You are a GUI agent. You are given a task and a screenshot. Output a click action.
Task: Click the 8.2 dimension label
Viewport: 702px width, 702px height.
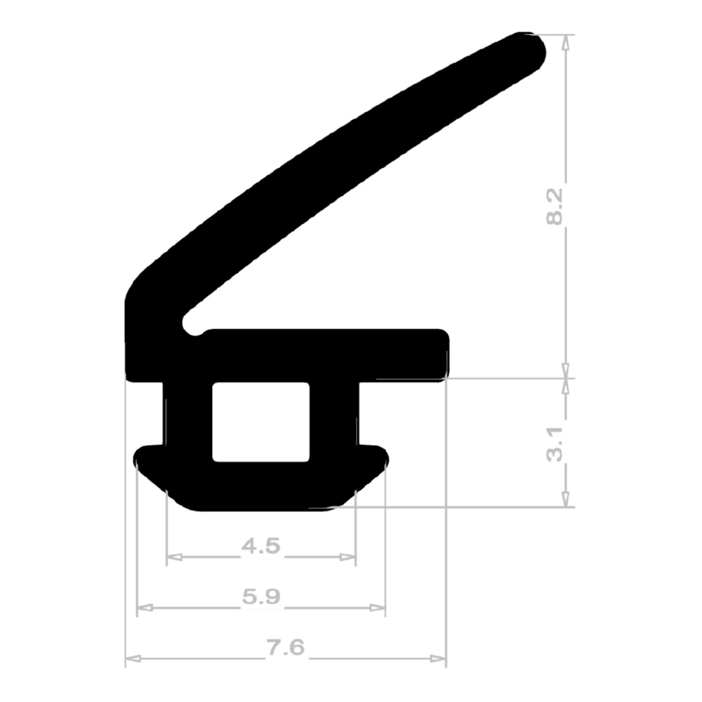pyautogui.click(x=555, y=207)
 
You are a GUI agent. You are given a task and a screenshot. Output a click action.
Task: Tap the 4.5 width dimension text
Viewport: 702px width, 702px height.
pyautogui.click(x=261, y=545)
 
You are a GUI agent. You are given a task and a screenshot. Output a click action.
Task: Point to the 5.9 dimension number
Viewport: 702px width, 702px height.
pyautogui.click(x=261, y=597)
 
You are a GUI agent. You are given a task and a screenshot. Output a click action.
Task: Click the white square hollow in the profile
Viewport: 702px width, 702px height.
pyautogui.click(x=260, y=421)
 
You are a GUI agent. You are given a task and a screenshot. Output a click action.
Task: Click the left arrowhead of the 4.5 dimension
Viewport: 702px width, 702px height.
pyautogui.click(x=173, y=557)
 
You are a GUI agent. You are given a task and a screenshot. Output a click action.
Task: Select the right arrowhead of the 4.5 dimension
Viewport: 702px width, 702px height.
pyautogui.click(x=349, y=557)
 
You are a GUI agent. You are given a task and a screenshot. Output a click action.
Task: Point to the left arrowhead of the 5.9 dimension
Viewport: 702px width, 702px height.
pyautogui.click(x=143, y=608)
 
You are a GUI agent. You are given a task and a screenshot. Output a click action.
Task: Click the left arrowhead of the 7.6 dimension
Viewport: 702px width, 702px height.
pyautogui.click(x=132, y=659)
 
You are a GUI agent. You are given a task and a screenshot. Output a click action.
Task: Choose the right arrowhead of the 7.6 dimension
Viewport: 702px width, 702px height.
pyautogui.click(x=439, y=659)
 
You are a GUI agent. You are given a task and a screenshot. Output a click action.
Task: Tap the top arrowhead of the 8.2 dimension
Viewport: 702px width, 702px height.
pyautogui.click(x=566, y=41)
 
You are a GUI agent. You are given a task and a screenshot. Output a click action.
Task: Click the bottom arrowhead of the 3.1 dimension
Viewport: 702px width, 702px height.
pyautogui.click(x=566, y=501)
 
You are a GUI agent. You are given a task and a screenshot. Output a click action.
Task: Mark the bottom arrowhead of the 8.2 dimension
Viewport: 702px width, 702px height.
pyautogui.click(x=566, y=371)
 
